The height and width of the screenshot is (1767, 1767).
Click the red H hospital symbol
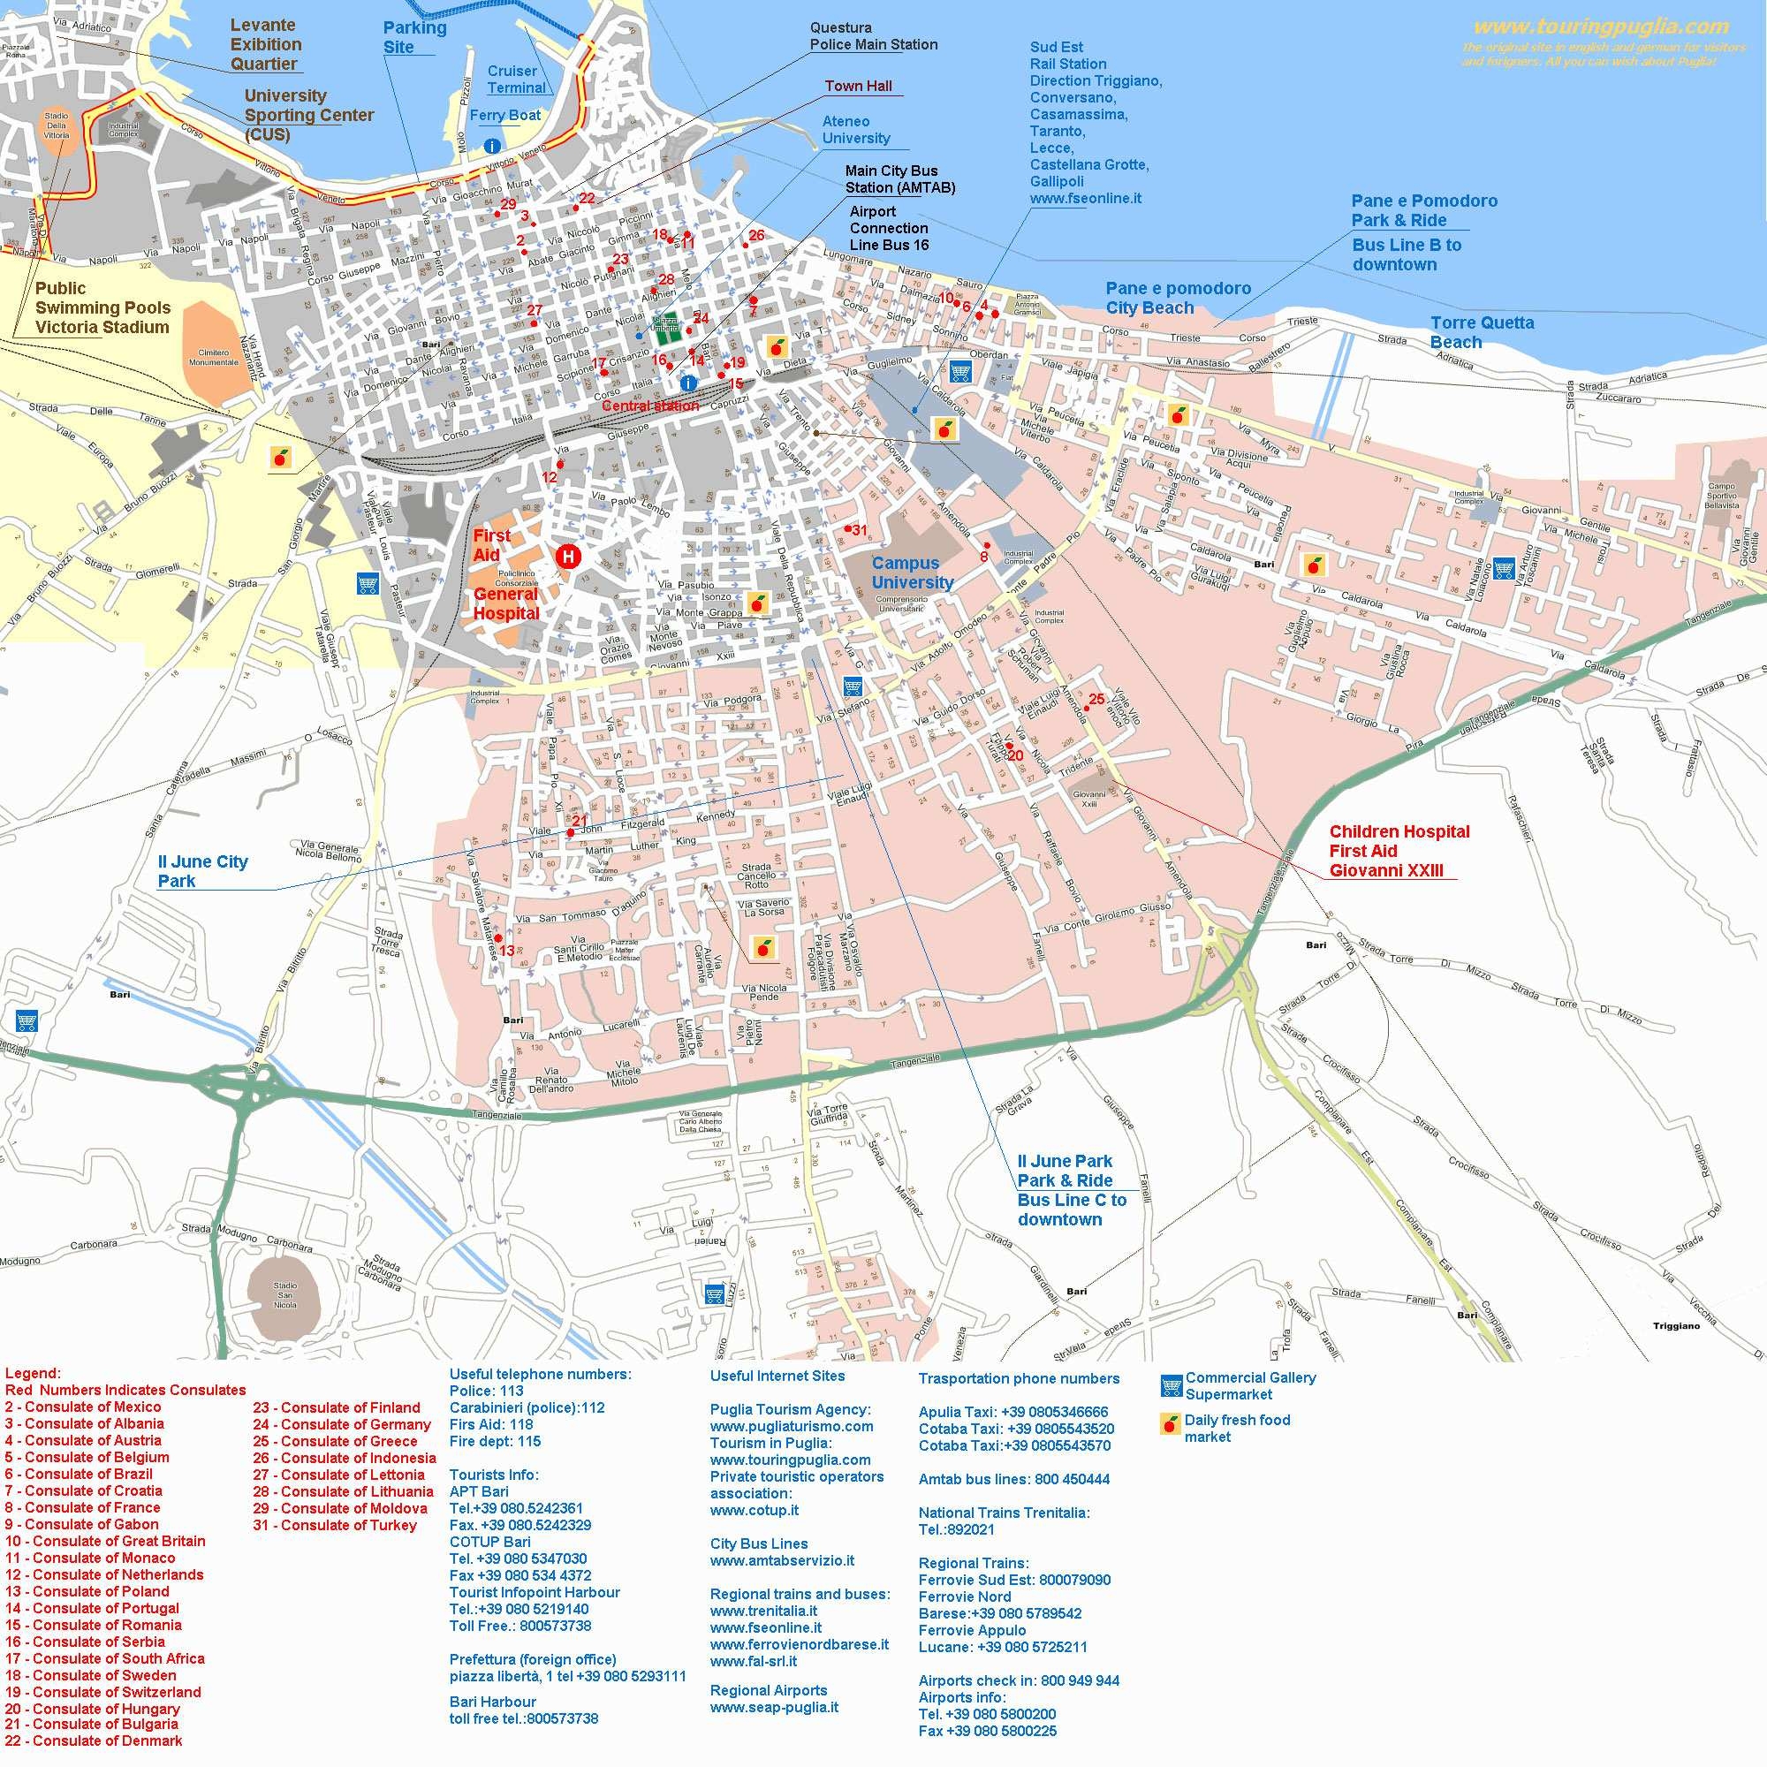[568, 555]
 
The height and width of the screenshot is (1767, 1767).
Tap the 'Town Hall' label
[858, 86]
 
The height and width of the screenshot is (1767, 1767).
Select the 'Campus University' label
[912, 573]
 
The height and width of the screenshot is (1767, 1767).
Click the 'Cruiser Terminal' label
[515, 80]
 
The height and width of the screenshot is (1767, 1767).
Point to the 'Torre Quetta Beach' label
[1481, 332]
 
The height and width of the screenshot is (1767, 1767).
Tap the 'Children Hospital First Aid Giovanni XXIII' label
[1399, 851]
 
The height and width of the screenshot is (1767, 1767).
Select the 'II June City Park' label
[202, 871]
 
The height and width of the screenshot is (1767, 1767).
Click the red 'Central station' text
[650, 406]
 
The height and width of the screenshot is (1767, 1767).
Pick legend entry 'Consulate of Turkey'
[335, 1525]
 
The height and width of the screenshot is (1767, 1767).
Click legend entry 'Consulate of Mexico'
[83, 1407]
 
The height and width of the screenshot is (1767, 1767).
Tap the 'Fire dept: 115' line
[495, 1440]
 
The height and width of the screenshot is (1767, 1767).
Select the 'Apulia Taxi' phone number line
[1012, 1411]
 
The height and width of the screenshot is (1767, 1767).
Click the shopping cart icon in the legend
[1171, 1385]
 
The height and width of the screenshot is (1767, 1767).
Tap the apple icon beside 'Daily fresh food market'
[1169, 1424]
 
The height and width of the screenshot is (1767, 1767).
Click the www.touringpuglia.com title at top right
[1601, 27]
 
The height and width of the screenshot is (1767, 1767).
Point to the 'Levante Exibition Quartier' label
[264, 45]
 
